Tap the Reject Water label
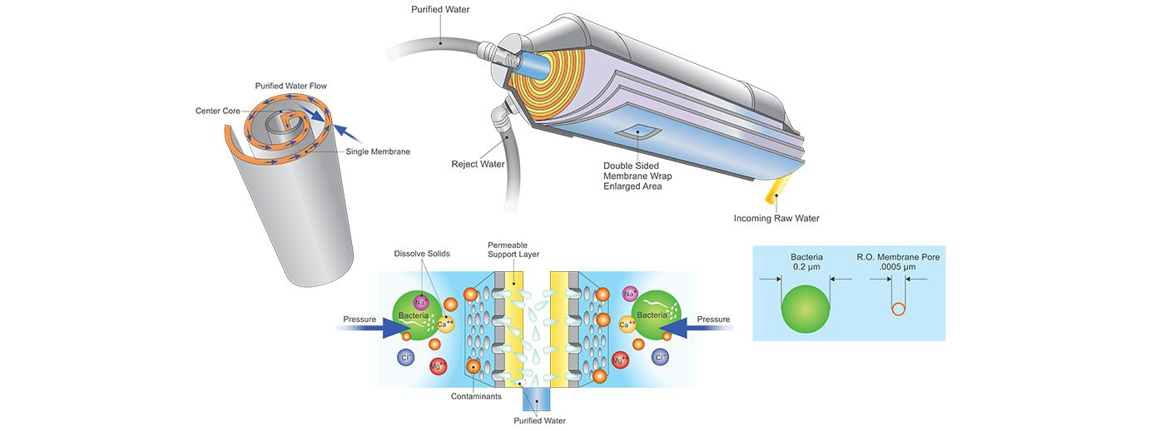(478, 164)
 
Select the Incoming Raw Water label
(776, 219)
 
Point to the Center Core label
(219, 111)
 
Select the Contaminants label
(476, 397)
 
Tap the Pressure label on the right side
(713, 320)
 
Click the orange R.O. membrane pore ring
(898, 310)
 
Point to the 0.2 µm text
(806, 267)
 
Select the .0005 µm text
(898, 267)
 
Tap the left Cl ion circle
(407, 358)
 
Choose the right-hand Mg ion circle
(620, 359)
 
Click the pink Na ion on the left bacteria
(420, 303)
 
